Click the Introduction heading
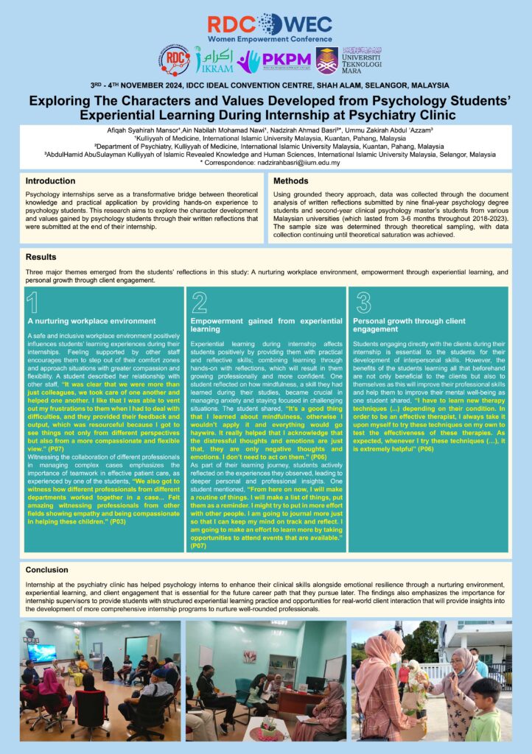tap(51, 180)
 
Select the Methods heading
tap(290, 180)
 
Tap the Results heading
tap(41, 258)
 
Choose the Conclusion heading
tap(46, 570)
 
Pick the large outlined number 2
tap(199, 303)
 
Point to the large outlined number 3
tap(363, 303)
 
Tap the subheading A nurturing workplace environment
tap(91, 321)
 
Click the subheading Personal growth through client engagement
tap(409, 325)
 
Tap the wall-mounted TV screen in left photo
tap(43, 652)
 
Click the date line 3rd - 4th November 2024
tap(265, 85)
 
